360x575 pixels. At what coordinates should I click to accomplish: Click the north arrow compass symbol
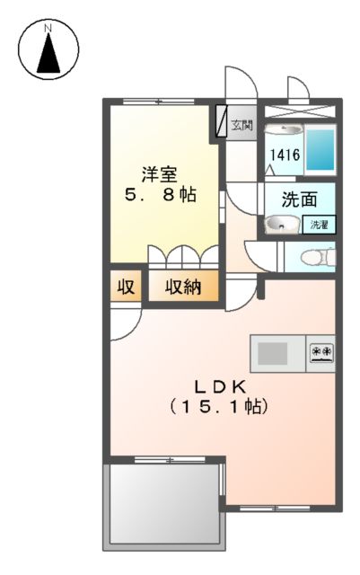50,51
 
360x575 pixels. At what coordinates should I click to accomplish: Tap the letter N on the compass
50,29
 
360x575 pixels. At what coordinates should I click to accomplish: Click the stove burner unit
320,351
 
